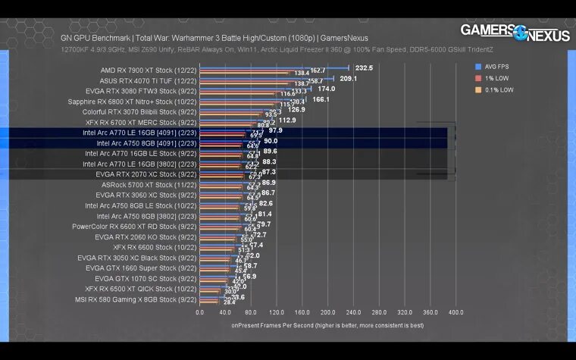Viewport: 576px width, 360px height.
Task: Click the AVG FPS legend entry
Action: (x=496, y=67)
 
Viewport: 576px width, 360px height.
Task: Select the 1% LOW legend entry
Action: (x=495, y=78)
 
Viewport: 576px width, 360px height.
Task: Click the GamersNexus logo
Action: (x=515, y=33)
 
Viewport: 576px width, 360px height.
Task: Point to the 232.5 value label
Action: (x=364, y=67)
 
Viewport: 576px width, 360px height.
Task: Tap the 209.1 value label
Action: (x=349, y=78)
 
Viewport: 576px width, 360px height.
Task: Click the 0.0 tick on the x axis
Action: (x=200, y=311)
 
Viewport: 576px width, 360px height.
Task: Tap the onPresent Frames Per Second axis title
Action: (x=327, y=325)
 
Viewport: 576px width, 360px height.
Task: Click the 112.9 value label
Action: (x=287, y=120)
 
